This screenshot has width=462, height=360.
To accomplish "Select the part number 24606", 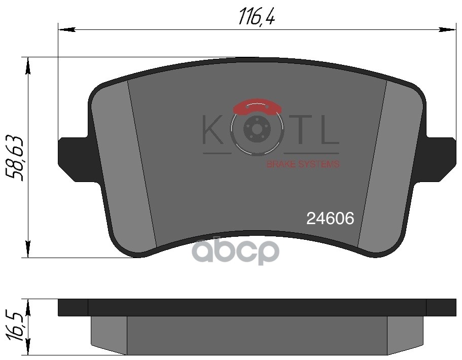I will [330, 219].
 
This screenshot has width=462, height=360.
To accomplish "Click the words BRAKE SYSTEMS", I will [303, 164].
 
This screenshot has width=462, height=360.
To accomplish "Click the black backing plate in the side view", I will [257, 307].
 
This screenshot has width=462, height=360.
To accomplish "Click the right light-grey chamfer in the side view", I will [405, 335].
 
